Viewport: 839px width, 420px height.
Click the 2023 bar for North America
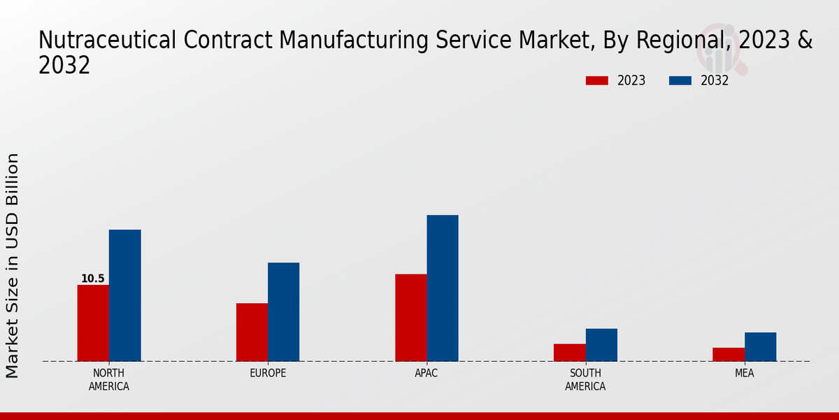click(93, 323)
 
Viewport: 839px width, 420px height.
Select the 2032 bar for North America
click(124, 295)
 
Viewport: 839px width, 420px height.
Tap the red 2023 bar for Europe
click(252, 332)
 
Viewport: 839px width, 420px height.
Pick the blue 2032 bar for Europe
click(283, 312)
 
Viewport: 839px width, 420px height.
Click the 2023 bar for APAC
click(410, 318)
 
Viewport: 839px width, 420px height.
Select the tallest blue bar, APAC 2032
click(443, 288)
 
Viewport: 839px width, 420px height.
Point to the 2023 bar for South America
click(569, 353)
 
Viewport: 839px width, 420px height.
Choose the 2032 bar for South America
click(601, 345)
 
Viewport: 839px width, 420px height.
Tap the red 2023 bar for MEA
click(728, 354)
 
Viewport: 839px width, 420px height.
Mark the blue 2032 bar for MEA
click(760, 347)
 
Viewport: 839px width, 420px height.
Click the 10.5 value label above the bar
click(92, 279)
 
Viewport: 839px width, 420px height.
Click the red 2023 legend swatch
click(596, 80)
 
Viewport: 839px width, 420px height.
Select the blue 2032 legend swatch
click(680, 80)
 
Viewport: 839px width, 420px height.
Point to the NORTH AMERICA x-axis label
click(108, 379)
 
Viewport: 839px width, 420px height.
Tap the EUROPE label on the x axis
click(268, 373)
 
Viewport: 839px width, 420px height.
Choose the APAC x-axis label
click(426, 373)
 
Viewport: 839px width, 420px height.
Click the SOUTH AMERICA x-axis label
click(585, 379)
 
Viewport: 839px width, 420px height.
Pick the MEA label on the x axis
click(744, 373)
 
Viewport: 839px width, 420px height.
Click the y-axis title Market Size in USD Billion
click(13, 266)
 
